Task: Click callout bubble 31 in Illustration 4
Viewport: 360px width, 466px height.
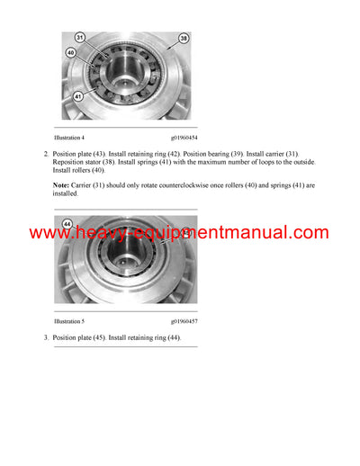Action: click(x=80, y=38)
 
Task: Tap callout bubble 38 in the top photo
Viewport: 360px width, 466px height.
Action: click(x=184, y=40)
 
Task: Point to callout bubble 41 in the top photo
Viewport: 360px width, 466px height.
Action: click(x=80, y=95)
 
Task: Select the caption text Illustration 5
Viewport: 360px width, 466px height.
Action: click(x=69, y=319)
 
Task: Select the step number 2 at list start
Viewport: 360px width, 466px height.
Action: click(x=45, y=154)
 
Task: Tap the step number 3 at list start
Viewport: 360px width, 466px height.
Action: click(x=45, y=337)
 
